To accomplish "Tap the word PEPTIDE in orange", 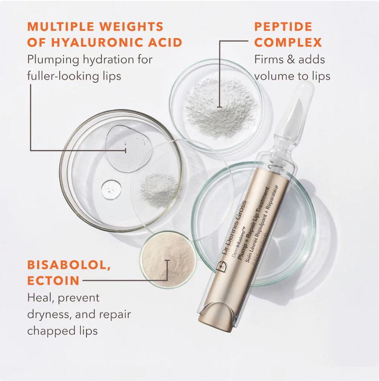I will click(x=283, y=27).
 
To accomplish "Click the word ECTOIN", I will click(x=54, y=281).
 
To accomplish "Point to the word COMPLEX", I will click(x=288, y=43).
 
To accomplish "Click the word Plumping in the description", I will click(x=53, y=60).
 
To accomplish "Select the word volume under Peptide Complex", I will click(x=276, y=76).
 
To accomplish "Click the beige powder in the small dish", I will click(x=167, y=258).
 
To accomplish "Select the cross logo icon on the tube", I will click(x=221, y=265).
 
